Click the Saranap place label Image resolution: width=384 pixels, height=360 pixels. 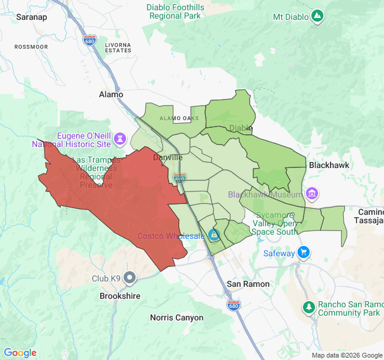[x=31, y=17]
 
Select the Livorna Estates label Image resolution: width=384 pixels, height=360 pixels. [x=118, y=47]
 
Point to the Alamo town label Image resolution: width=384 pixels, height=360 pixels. [x=111, y=94]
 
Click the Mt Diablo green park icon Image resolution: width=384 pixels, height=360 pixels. [x=318, y=16]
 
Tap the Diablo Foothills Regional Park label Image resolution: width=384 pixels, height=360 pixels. [x=175, y=12]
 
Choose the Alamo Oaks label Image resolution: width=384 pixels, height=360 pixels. [x=179, y=118]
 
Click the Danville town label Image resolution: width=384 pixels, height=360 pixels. [x=168, y=157]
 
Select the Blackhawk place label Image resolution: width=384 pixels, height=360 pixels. [x=329, y=164]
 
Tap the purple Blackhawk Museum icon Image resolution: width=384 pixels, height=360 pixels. [x=311, y=194]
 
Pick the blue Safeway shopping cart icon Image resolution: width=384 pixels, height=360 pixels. [x=304, y=253]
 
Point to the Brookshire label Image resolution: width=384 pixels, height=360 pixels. [x=120, y=296]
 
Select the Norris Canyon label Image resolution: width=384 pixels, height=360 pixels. [x=176, y=317]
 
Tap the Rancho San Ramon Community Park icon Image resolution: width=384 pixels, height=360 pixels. [x=308, y=307]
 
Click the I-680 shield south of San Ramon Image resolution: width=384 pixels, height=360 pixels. [x=235, y=305]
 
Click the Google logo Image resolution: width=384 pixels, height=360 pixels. [x=20, y=353]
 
